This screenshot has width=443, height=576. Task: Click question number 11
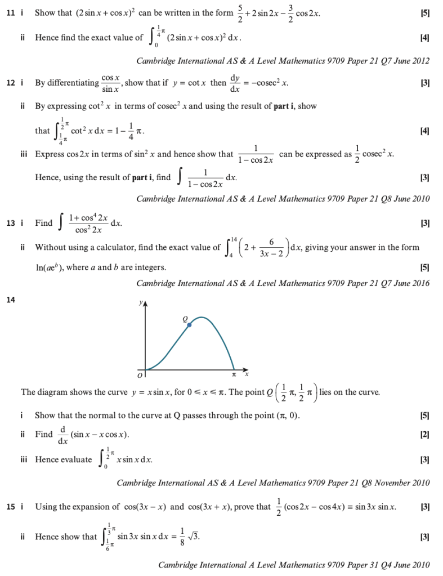pyautogui.click(x=10, y=13)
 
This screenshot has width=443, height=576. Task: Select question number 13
pyautogui.click(x=10, y=223)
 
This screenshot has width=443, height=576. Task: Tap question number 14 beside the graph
pyautogui.click(x=10, y=300)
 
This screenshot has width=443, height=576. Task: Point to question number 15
pyautogui.click(x=10, y=507)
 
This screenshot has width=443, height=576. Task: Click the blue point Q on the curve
pyautogui.click(x=189, y=325)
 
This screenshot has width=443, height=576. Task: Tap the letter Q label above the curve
pyautogui.click(x=184, y=319)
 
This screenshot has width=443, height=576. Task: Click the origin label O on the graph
pyautogui.click(x=142, y=373)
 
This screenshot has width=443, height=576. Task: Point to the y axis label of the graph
pyautogui.click(x=141, y=303)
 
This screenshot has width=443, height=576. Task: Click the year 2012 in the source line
pyautogui.click(x=420, y=61)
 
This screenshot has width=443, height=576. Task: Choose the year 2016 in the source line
pyautogui.click(x=420, y=283)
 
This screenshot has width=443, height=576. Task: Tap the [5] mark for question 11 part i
pyautogui.click(x=425, y=13)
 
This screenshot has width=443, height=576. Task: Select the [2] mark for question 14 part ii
pyautogui.click(x=425, y=435)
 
